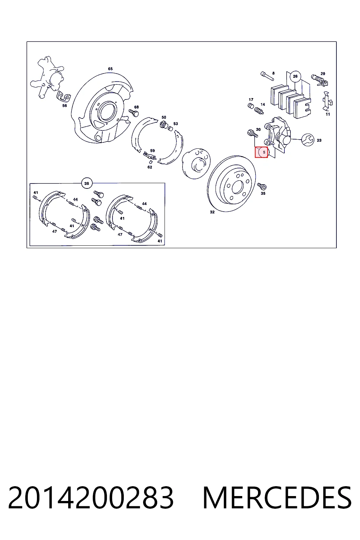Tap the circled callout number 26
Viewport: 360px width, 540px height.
(295, 76)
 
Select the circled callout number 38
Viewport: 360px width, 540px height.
(86, 184)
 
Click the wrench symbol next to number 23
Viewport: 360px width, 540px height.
(308, 140)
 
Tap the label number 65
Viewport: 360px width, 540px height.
(110, 69)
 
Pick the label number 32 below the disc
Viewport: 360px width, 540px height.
(212, 212)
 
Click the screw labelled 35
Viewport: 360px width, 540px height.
(262, 186)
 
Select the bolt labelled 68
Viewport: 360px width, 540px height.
(134, 112)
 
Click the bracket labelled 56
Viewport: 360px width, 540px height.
(63, 96)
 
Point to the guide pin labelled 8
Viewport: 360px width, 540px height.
(267, 76)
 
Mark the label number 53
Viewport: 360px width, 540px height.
(175, 124)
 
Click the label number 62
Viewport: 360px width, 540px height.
(150, 167)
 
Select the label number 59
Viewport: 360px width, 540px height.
(152, 151)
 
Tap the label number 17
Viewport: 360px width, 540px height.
(251, 99)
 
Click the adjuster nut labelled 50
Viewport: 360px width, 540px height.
(163, 125)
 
